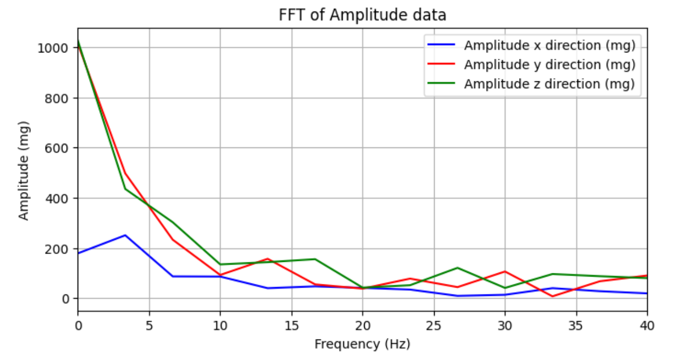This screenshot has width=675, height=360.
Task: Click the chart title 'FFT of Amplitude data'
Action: (362, 15)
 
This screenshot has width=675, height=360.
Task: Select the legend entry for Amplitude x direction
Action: (549, 46)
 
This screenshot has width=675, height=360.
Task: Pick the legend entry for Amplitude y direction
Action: (549, 65)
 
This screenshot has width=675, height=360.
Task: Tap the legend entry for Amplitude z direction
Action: (549, 83)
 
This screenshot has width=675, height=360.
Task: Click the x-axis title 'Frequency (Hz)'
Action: (362, 344)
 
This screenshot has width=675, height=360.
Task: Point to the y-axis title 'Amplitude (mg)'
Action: (24, 171)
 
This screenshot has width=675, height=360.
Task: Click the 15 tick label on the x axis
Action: (291, 325)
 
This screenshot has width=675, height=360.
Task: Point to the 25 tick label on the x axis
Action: (434, 325)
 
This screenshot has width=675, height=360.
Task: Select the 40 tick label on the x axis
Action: (647, 325)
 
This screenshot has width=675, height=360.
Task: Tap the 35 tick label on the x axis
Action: (576, 325)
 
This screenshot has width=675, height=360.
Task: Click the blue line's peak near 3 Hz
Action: (125, 235)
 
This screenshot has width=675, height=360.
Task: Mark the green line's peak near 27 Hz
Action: (457, 268)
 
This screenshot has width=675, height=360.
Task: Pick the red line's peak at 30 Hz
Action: (505, 271)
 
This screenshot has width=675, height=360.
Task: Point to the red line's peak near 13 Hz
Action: (267, 259)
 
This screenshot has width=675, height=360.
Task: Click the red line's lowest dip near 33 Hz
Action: (553, 297)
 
